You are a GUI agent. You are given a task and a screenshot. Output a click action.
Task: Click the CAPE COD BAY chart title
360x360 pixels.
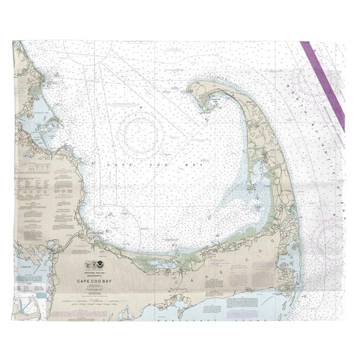pyautogui.click(x=92, y=281)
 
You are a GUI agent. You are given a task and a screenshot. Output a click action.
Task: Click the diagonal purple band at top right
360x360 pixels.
pyautogui.click(x=325, y=86)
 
